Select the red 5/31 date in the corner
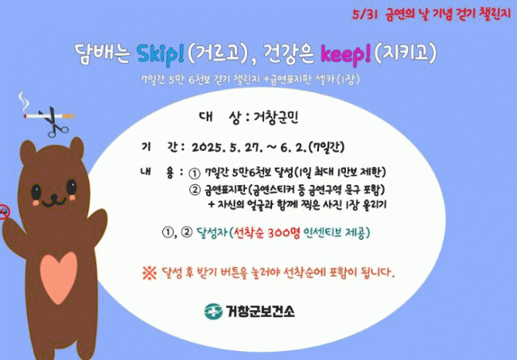point(364,14)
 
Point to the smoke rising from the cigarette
point(23,102)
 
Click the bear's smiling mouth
point(54,200)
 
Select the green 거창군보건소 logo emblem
point(213,312)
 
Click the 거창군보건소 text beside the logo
point(260,312)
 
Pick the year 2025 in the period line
point(208,148)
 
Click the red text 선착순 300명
point(266,233)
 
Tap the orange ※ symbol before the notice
point(150,273)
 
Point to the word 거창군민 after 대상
point(276,118)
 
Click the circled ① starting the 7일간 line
point(194,173)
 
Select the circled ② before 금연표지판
point(194,190)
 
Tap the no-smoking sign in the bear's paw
point(4,211)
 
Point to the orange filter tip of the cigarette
point(68,116)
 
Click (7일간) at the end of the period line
point(326,147)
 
